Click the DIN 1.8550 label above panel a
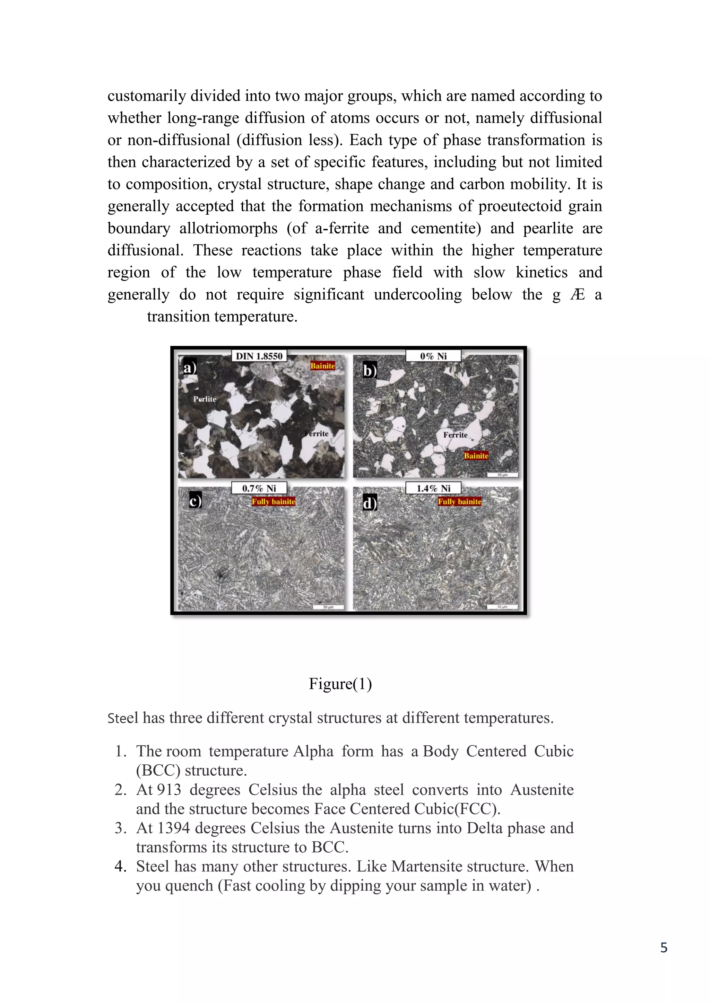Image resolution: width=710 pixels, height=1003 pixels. pos(259,356)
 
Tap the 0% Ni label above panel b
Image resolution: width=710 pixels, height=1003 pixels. pos(433,356)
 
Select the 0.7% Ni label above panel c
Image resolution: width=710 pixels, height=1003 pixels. pos(259,488)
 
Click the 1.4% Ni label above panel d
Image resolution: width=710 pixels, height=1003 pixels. pos(433,488)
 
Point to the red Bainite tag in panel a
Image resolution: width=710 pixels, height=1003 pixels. pos(323,366)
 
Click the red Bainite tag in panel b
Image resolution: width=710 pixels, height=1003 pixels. pos(476,456)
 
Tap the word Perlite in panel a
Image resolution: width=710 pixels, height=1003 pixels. pos(205,399)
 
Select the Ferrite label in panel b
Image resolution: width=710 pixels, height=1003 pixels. pos(455,435)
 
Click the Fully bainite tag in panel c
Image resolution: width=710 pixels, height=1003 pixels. pos(274,501)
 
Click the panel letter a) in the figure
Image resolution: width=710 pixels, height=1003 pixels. pos(189,368)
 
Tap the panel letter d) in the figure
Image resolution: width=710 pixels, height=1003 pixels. pos(370,503)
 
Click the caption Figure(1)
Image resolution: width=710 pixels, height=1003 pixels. pos(340,684)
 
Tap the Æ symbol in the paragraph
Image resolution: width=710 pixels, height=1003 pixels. pos(578,294)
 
